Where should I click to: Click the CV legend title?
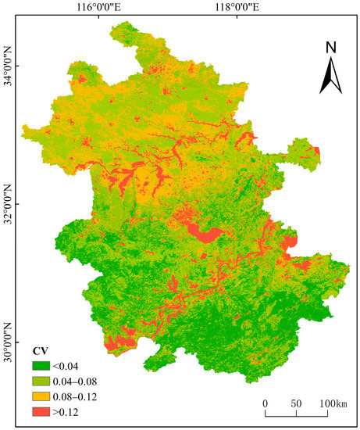tap(39, 350)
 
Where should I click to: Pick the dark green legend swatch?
tap(42, 364)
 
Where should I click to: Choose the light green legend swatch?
tap(42, 379)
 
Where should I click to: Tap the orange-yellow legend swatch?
tap(42, 395)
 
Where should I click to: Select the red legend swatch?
tap(42, 410)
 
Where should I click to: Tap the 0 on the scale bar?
tap(266, 403)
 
